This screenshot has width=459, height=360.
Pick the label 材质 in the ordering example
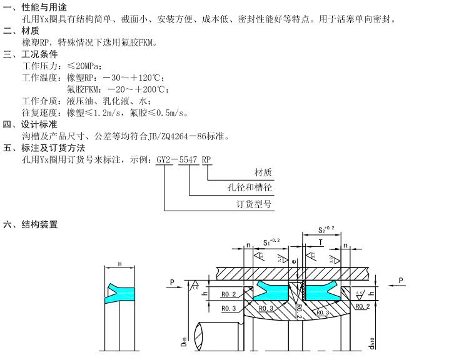click(263, 172)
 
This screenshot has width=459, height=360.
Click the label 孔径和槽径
click(251, 187)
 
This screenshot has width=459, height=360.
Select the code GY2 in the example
click(163, 160)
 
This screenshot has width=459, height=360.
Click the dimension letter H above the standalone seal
click(119, 264)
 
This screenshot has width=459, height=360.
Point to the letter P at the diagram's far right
click(401, 281)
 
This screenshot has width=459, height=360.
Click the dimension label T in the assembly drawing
click(321, 241)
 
